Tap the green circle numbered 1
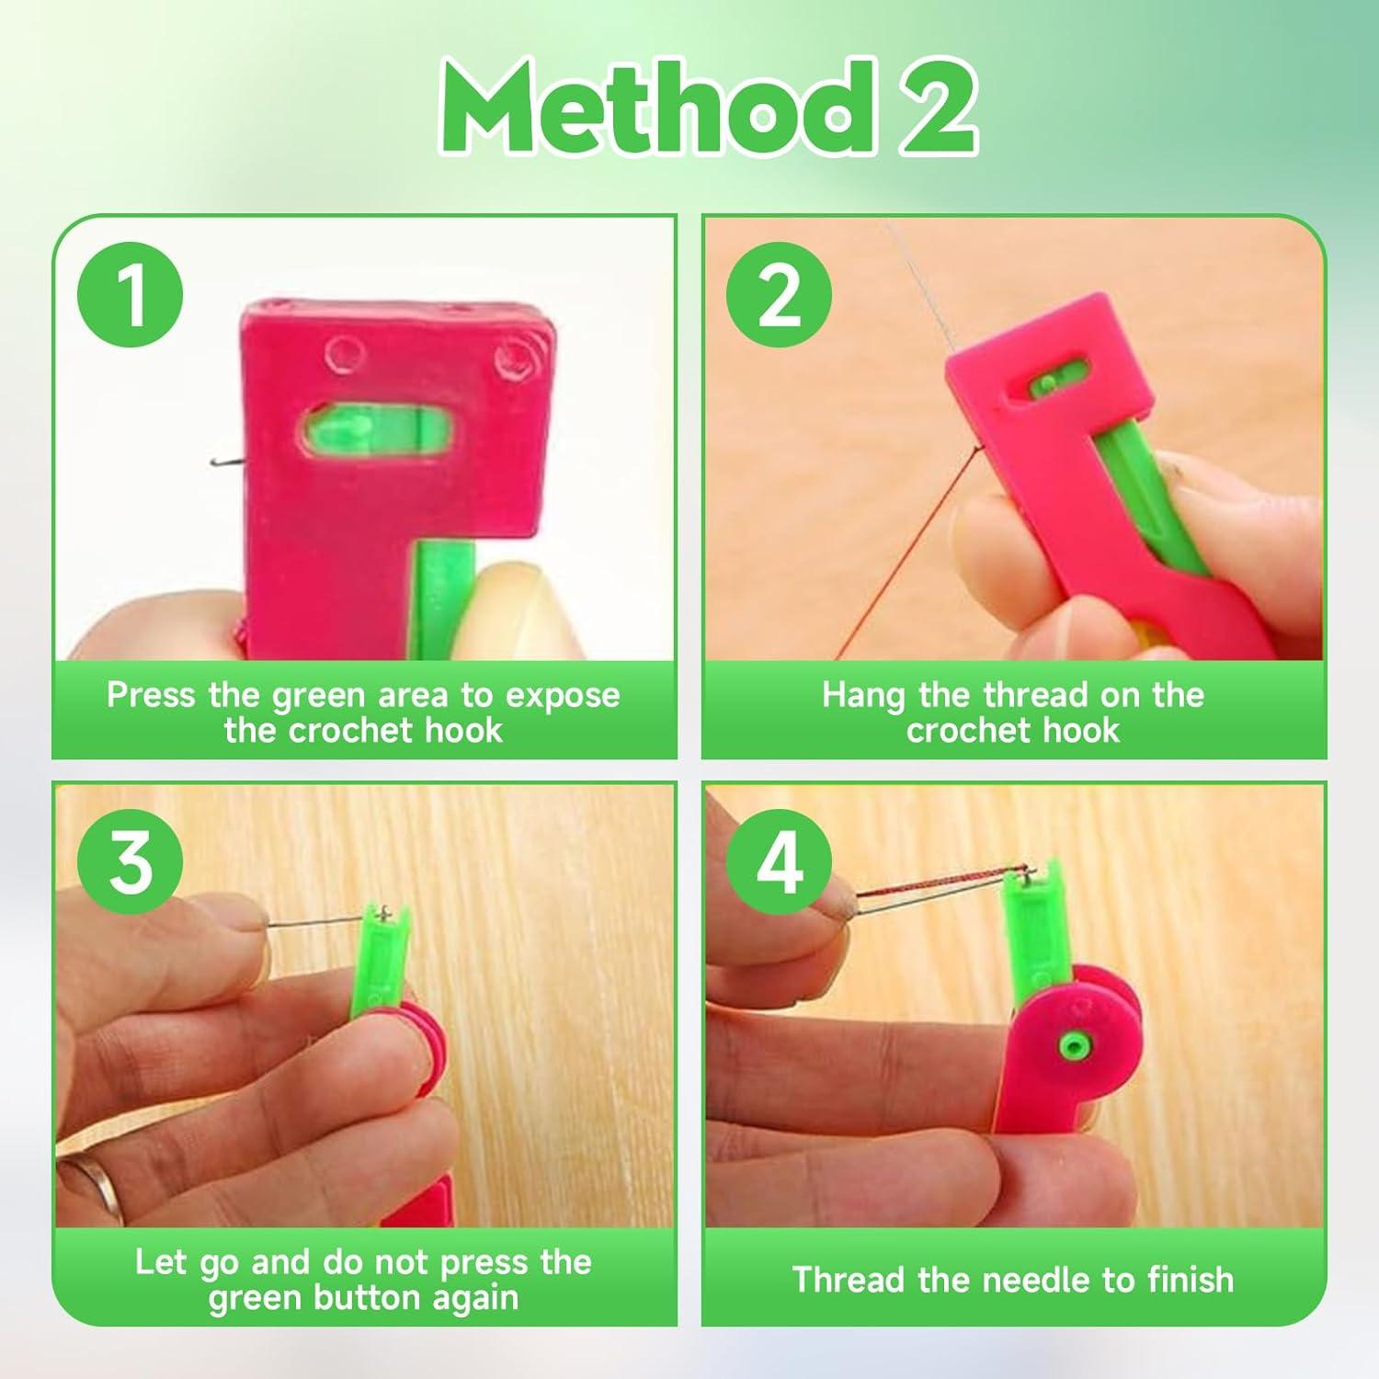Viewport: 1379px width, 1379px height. [131, 296]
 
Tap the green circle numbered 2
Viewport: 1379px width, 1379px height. [779, 296]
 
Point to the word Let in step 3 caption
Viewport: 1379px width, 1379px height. [161, 1262]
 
